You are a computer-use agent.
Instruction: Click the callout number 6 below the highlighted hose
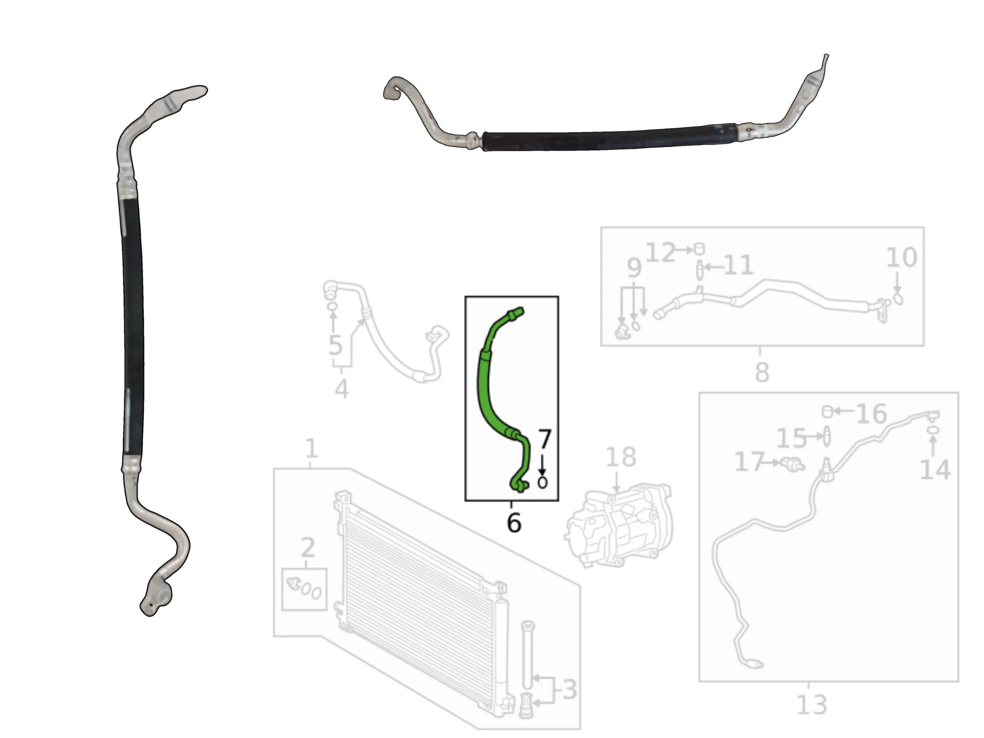(x=514, y=522)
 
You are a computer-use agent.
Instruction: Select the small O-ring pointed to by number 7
(x=542, y=483)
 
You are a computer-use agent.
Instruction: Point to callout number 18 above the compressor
(x=621, y=457)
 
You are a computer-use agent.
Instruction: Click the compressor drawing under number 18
(x=619, y=525)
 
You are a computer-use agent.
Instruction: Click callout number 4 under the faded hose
(x=341, y=389)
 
